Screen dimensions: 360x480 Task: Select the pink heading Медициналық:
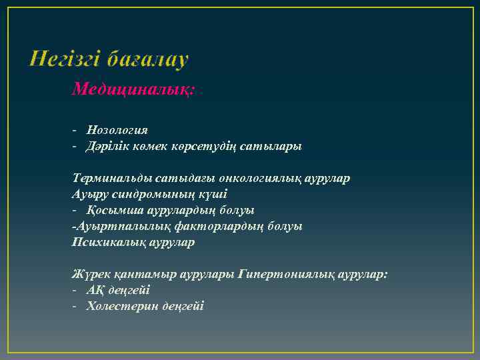click(x=133, y=89)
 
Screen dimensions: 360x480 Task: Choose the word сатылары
click(x=275, y=145)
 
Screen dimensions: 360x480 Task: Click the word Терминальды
click(x=112, y=178)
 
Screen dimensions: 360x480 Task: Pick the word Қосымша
click(x=110, y=210)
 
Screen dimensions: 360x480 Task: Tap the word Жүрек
click(x=89, y=274)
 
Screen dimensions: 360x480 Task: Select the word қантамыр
click(x=135, y=274)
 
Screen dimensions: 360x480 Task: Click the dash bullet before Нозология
click(x=76, y=129)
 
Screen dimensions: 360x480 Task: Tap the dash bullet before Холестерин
click(x=76, y=306)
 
